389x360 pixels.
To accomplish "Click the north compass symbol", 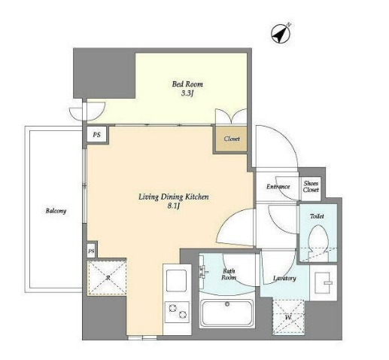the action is click(281, 33).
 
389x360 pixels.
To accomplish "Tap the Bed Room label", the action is click(187, 84).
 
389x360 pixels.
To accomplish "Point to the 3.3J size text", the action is click(187, 93).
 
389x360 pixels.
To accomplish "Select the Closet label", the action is click(232, 139).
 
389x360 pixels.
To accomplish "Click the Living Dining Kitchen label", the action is click(174, 197).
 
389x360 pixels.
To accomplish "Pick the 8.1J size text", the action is click(174, 206).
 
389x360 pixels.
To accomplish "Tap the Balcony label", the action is click(56, 211).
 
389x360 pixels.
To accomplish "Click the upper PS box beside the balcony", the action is click(97, 135).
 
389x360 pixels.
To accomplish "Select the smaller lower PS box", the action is click(91, 251).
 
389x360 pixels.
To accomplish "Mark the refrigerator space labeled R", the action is click(107, 277).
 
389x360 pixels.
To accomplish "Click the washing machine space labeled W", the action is click(289, 317).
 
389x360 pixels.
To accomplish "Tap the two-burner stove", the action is click(177, 312).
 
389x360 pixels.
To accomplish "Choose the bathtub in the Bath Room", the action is click(227, 313).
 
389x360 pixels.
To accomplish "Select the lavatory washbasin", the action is click(323, 282).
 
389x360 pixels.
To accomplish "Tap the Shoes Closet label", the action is click(311, 187).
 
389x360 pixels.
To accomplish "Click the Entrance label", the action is click(278, 187).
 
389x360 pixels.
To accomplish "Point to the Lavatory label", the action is click(284, 278).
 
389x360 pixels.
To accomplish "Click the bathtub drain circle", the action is click(227, 304).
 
